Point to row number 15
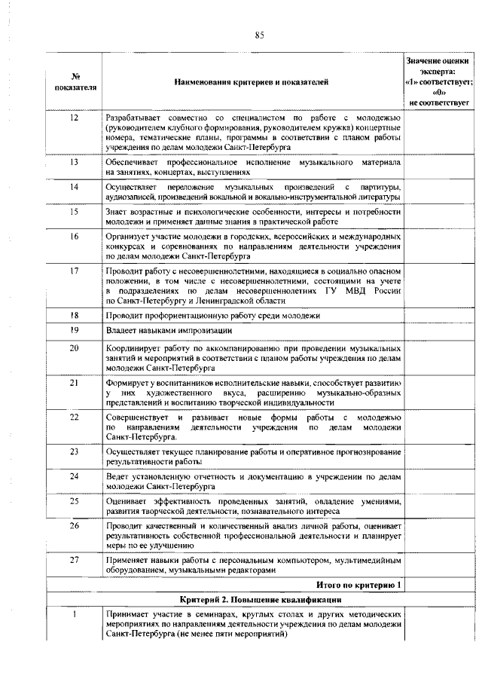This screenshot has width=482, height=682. coord(75,212)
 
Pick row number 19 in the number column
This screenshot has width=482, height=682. coord(75,329)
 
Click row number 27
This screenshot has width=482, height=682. coord(75,560)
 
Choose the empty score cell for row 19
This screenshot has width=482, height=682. coord(440,330)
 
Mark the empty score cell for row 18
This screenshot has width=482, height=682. coord(440,315)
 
